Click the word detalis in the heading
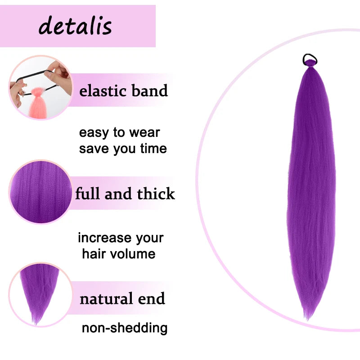pos(75,26)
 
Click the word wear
pos(144,133)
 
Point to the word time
pos(153,148)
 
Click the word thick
pos(156,194)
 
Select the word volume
pos(133,253)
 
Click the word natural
pos(106,298)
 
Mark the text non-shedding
pos(125,328)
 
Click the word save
pos(92,148)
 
